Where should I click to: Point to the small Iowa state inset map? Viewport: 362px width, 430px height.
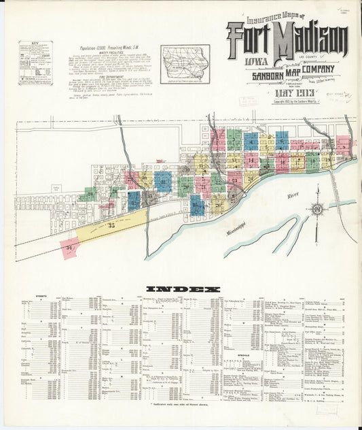click(185, 63)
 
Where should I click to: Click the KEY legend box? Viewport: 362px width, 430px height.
click(35, 63)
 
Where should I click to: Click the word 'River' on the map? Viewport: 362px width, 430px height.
click(293, 195)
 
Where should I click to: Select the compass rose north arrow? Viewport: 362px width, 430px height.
click(316, 210)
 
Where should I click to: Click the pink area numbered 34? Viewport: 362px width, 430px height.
click(69, 248)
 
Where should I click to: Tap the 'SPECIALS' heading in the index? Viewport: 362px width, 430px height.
click(243, 355)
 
